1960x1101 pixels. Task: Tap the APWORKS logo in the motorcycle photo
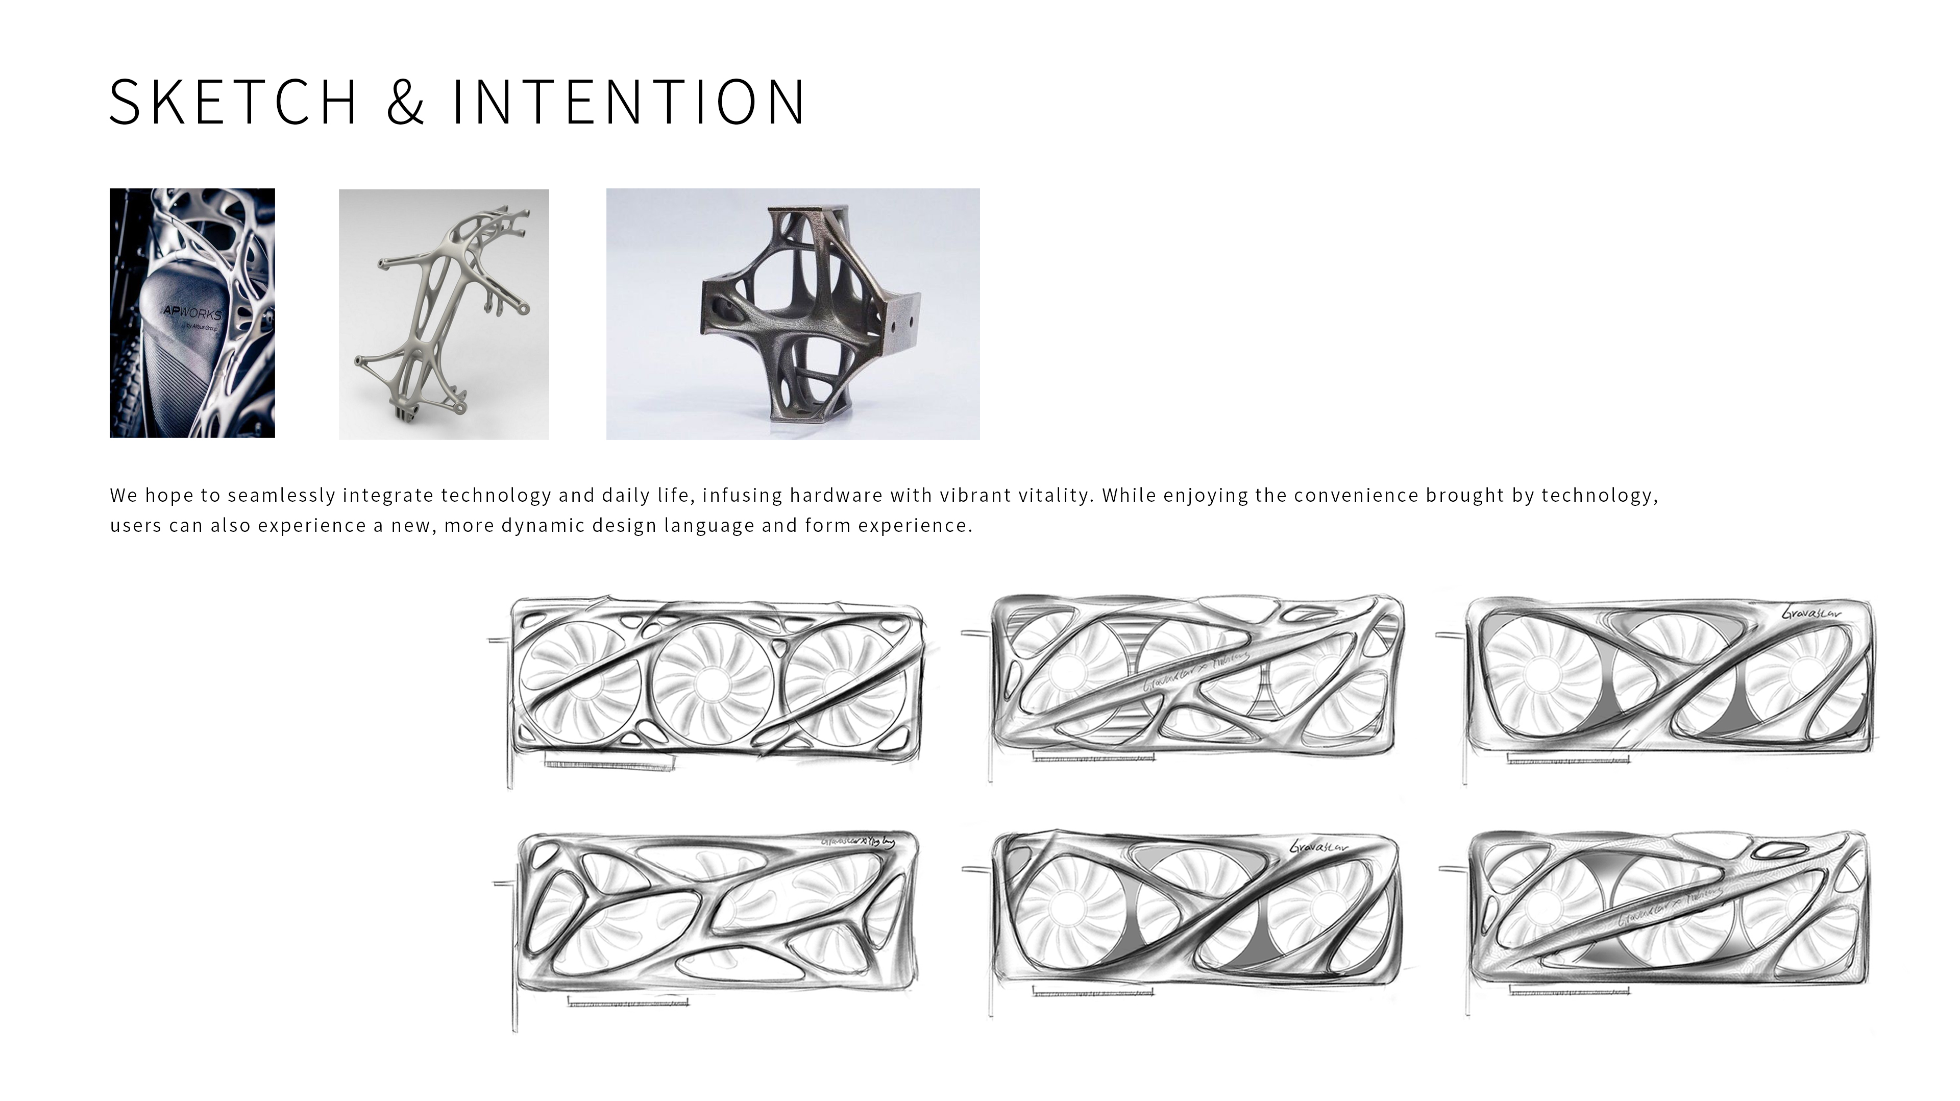pos(192,313)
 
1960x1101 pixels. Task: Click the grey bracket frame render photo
pos(444,314)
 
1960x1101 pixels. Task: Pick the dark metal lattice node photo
pos(793,314)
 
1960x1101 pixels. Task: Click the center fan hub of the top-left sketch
pos(713,679)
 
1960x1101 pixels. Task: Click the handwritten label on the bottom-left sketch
pos(857,842)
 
